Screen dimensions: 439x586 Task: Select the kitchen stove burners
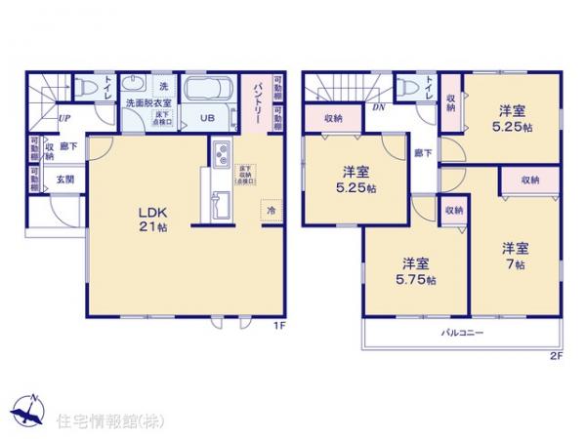point(218,156)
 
